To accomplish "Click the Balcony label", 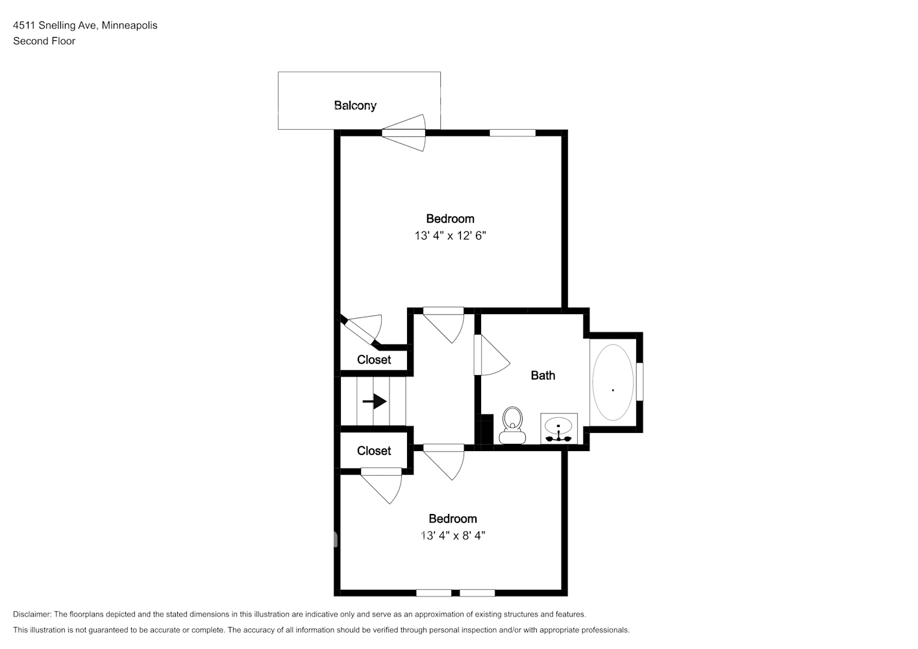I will pyautogui.click(x=354, y=105).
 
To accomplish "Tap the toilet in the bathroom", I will pyautogui.click(x=512, y=426).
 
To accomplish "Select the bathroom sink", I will pyautogui.click(x=558, y=428).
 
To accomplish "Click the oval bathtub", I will pyautogui.click(x=612, y=382).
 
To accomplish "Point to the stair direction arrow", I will pyautogui.click(x=375, y=402).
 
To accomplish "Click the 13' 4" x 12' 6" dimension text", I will pyautogui.click(x=450, y=236).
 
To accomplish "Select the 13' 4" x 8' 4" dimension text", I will pyautogui.click(x=453, y=535).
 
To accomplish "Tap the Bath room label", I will pyautogui.click(x=543, y=375).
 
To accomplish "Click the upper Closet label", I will pyautogui.click(x=374, y=360).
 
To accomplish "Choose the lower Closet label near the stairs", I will pyautogui.click(x=374, y=450).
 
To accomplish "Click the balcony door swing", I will pyautogui.click(x=405, y=133).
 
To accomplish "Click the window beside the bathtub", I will pyautogui.click(x=639, y=382).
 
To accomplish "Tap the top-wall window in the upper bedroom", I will pyautogui.click(x=512, y=133).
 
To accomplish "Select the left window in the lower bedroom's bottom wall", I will pyautogui.click(x=434, y=593).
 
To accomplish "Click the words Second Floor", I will pyautogui.click(x=44, y=41).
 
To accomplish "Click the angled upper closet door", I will pyautogui.click(x=360, y=329).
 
